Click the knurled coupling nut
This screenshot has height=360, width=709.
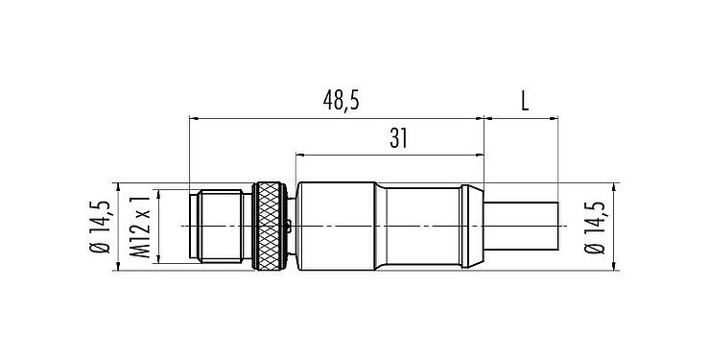tap(270, 226)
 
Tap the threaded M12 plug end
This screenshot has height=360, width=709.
tap(221, 226)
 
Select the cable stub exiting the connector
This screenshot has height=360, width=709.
tap(522, 226)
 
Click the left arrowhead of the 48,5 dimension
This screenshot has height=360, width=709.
tap(196, 119)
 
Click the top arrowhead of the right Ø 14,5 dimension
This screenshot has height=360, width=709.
tap(610, 186)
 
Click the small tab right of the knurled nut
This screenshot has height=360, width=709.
tap(290, 227)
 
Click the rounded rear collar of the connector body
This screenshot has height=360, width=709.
tap(471, 226)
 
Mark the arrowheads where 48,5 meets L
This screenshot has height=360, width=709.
tap(484, 119)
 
